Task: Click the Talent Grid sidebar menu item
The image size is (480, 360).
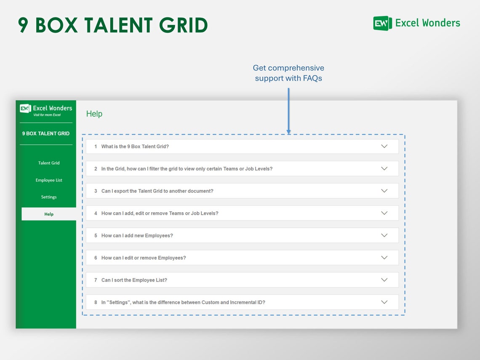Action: pyautogui.click(x=49, y=163)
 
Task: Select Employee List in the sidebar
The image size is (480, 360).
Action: pyautogui.click(x=49, y=180)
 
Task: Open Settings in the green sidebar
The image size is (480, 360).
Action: pyautogui.click(x=49, y=197)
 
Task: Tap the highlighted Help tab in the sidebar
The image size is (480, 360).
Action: pyautogui.click(x=49, y=214)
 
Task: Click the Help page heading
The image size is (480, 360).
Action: pyautogui.click(x=94, y=114)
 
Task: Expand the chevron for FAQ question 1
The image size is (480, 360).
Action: pyautogui.click(x=384, y=146)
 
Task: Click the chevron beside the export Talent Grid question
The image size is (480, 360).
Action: pyautogui.click(x=384, y=191)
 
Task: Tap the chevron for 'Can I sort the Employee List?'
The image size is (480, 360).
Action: pyautogui.click(x=384, y=280)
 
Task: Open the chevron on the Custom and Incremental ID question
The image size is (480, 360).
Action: pyautogui.click(x=384, y=302)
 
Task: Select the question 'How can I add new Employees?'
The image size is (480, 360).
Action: pyautogui.click(x=137, y=236)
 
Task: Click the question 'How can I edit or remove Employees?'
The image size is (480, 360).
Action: pyautogui.click(x=143, y=258)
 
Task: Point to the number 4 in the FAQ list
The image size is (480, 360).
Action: pyautogui.click(x=96, y=213)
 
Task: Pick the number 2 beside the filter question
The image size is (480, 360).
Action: pyautogui.click(x=96, y=169)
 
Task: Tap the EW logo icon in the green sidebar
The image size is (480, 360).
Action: pyautogui.click(x=26, y=109)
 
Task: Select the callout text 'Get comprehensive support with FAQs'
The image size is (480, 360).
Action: pyautogui.click(x=288, y=73)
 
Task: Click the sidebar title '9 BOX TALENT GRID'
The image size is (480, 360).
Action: pyautogui.click(x=46, y=133)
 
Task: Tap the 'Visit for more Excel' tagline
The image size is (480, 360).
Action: pyautogui.click(x=47, y=115)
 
